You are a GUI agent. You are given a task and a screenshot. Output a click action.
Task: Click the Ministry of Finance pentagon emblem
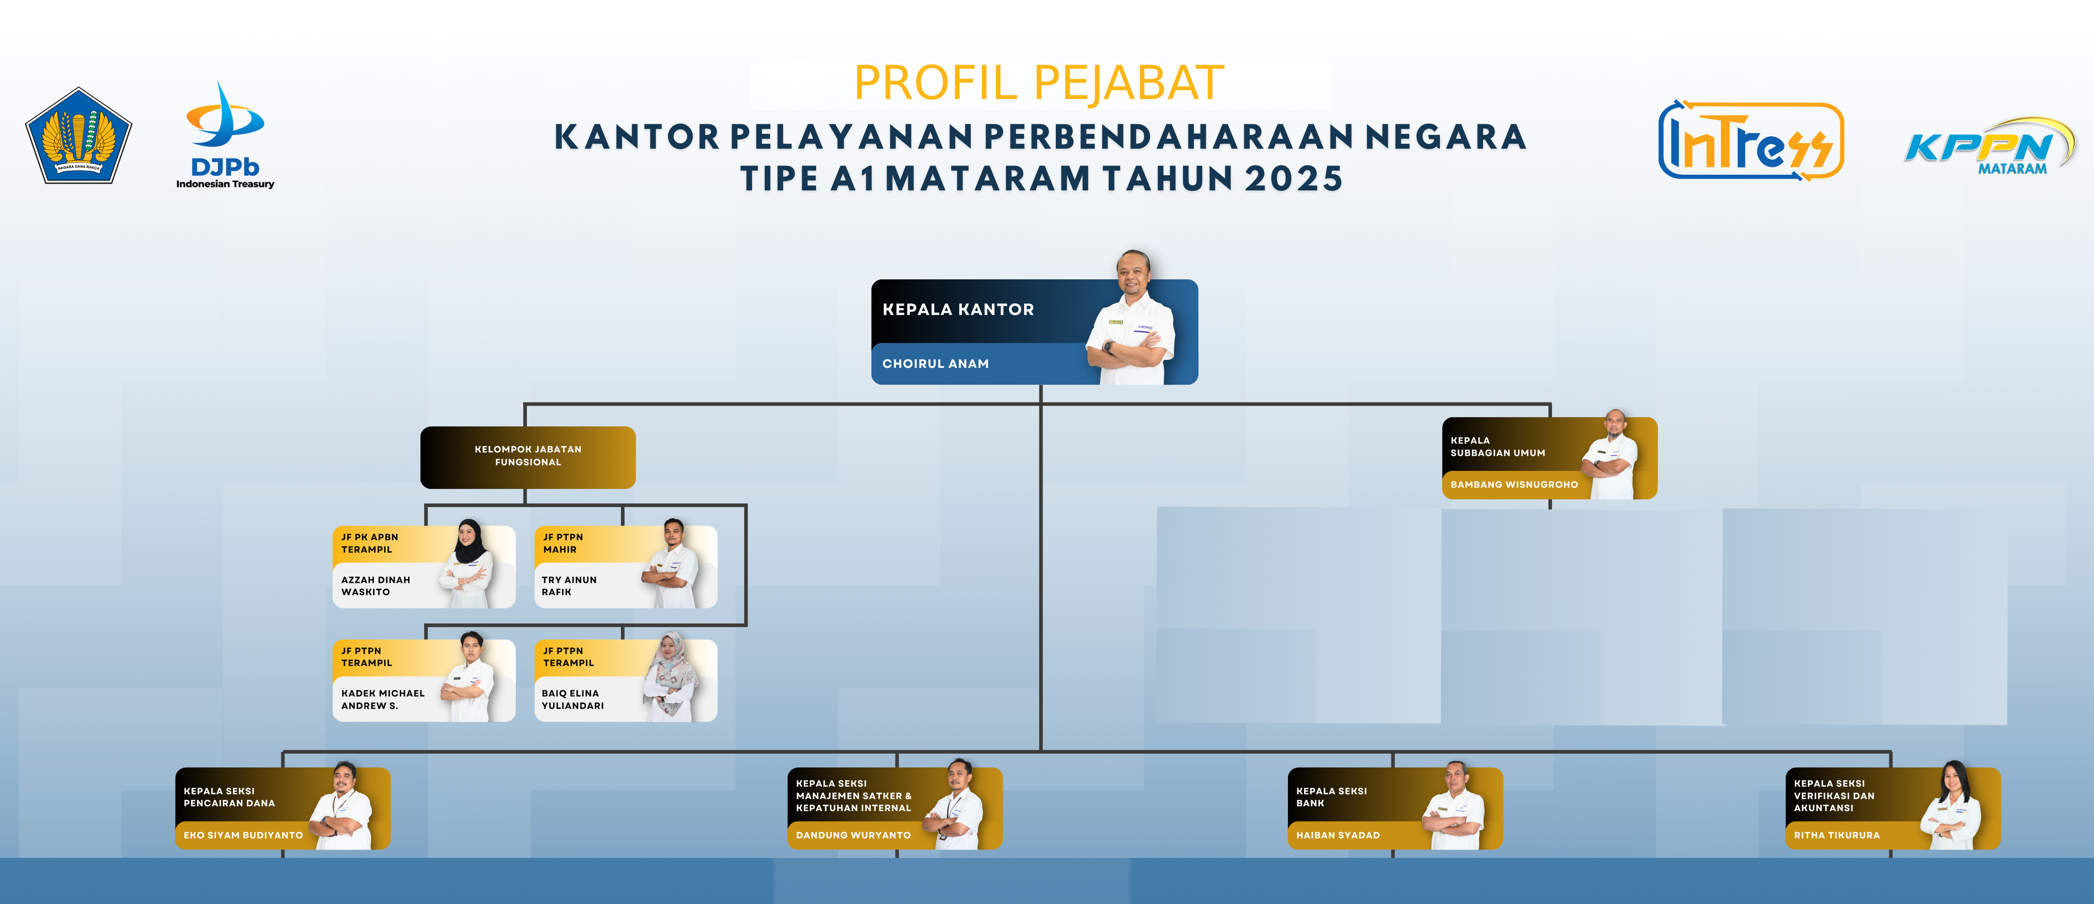point(79,136)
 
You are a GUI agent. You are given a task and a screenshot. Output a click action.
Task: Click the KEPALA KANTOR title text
point(958,310)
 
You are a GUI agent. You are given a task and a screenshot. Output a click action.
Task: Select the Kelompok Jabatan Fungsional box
point(528,457)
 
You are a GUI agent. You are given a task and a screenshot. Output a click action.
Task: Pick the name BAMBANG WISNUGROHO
point(1514,485)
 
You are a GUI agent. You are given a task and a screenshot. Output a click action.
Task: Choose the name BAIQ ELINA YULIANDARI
point(572,699)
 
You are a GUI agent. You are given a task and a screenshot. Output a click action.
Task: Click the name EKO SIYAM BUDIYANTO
point(243,835)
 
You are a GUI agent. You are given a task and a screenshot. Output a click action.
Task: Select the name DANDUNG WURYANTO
point(853,835)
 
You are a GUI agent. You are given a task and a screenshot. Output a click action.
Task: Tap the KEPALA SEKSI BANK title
point(1331,797)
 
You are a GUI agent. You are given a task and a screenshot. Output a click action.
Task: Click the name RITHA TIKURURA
point(1836,835)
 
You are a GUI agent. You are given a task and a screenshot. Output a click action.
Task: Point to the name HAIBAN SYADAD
point(1337,835)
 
